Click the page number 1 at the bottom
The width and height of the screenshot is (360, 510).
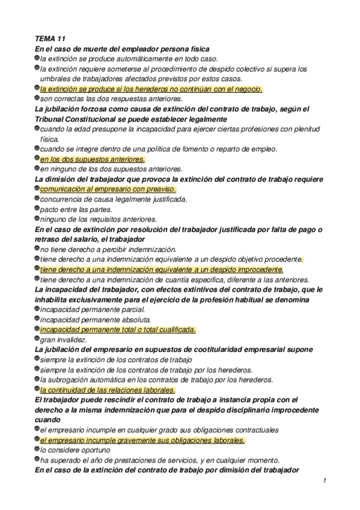coord(324,480)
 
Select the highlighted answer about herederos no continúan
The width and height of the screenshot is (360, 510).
coord(151,88)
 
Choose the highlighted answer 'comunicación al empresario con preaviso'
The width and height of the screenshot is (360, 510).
coord(108,189)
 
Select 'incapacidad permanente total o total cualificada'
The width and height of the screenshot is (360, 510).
coord(118,330)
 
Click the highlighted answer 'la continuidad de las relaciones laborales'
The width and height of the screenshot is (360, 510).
coord(107,390)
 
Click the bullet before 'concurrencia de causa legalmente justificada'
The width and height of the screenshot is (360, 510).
coord(37,198)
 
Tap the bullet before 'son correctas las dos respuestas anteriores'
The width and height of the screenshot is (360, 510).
coord(37,98)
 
